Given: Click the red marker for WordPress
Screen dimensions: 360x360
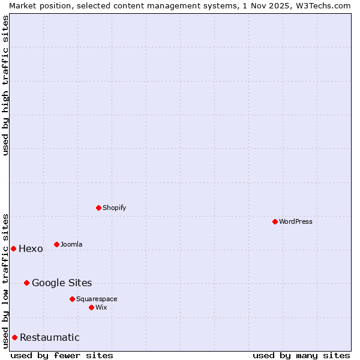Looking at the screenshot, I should point(275,221).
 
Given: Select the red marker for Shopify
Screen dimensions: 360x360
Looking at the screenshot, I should point(98,208).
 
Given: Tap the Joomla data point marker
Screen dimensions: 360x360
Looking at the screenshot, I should point(56,244).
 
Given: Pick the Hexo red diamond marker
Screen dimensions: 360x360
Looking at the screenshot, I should point(13,248).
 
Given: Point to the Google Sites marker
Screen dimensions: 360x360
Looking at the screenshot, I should point(26,283).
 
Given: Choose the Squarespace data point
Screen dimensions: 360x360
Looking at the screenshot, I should point(72,299).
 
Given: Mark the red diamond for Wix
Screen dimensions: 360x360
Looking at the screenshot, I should point(91,307).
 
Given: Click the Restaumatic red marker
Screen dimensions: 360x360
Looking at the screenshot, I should point(14,337).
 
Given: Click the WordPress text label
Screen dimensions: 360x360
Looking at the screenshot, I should point(296,221).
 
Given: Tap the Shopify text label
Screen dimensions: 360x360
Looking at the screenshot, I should point(114,208).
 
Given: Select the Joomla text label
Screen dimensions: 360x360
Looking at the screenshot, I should point(71,244).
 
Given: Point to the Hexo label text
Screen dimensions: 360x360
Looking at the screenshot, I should point(31,249).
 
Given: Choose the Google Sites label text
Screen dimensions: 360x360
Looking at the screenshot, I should point(62,283).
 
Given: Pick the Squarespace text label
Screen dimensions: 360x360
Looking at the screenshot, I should point(97,299).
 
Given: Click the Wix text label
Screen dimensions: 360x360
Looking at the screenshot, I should point(101,307).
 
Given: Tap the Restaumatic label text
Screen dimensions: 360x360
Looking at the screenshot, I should point(49,338).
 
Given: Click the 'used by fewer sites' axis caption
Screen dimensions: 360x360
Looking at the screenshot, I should point(62,355).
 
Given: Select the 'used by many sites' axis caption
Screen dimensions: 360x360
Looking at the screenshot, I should point(301,355).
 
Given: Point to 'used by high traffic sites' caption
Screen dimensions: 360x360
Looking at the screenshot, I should point(5,85).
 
